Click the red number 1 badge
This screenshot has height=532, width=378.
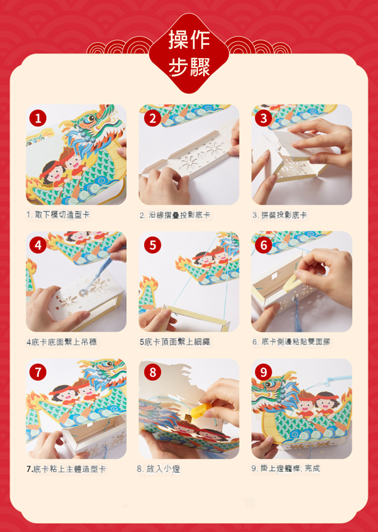click(x=38, y=118)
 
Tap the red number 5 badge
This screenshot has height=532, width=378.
click(x=153, y=245)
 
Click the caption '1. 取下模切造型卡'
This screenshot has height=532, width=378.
click(x=58, y=214)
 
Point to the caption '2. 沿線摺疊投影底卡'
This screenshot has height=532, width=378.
click(x=175, y=215)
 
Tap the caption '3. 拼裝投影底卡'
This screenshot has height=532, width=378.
click(x=280, y=215)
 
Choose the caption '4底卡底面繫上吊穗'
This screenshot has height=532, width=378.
click(x=62, y=341)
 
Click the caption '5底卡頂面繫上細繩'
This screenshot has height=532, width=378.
click(x=175, y=341)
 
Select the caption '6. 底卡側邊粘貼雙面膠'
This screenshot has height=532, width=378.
click(x=291, y=341)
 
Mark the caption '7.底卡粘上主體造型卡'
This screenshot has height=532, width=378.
click(x=66, y=469)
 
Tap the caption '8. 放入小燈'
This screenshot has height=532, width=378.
click(x=159, y=469)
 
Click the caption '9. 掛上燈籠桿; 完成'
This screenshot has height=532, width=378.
click(x=285, y=469)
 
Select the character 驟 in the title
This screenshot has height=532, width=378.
click(x=200, y=67)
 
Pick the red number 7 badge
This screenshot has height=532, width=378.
click(x=38, y=372)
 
